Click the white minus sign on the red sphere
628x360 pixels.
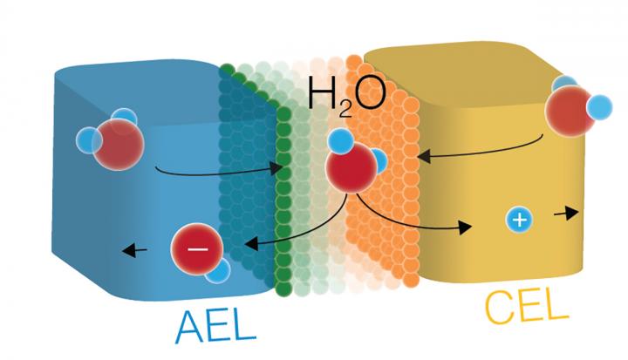point(198,248)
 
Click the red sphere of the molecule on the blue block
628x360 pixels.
point(117,142)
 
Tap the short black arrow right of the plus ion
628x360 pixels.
point(565,213)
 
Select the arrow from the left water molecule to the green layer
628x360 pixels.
point(218,171)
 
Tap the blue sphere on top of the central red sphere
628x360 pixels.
point(340,142)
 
